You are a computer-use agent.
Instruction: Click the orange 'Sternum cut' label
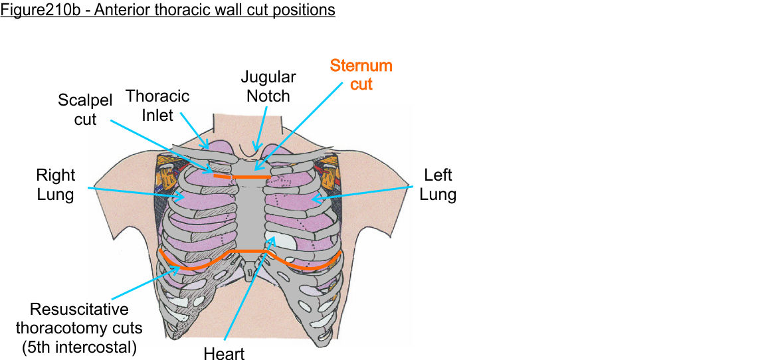pos(361,75)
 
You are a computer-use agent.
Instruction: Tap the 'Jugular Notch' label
pos(268,86)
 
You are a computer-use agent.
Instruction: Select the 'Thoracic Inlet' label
pos(157,106)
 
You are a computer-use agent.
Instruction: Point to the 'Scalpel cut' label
pos(86,110)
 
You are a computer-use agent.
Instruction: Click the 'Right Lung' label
pos(56,185)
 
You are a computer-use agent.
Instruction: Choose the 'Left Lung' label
pos(438,185)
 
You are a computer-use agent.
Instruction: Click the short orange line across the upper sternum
pos(242,177)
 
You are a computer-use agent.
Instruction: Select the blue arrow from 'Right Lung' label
pos(133,192)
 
